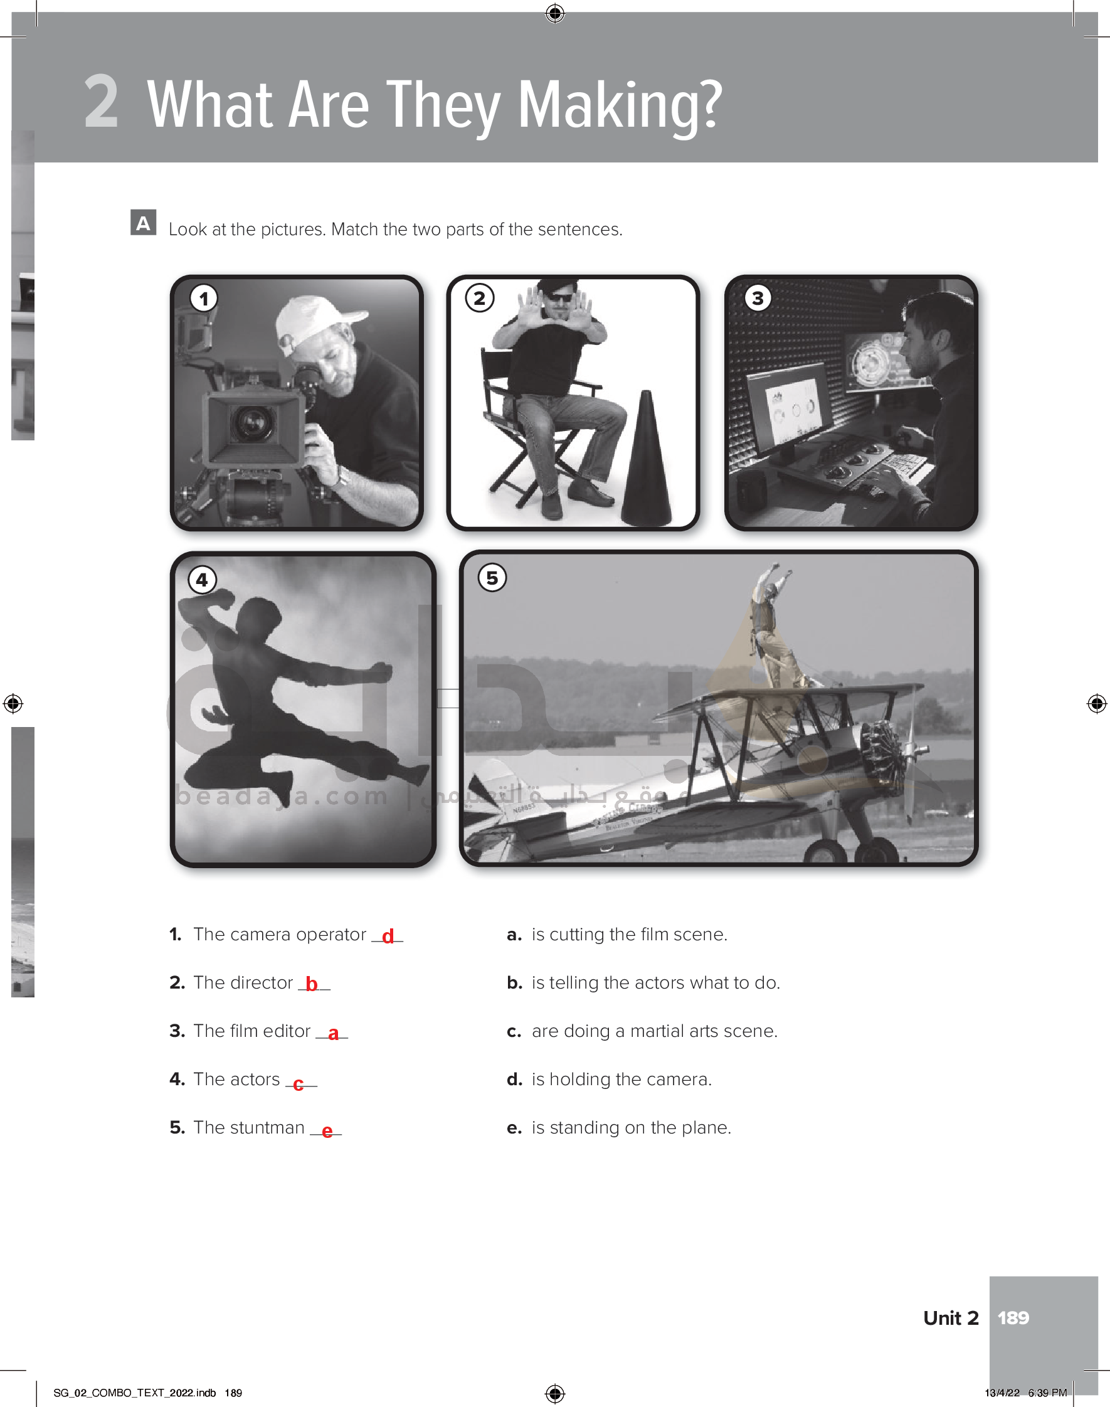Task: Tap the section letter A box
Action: pos(143,222)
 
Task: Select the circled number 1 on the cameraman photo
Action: pos(204,299)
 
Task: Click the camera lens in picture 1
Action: pos(252,423)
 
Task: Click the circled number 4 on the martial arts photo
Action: pos(202,580)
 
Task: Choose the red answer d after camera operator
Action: pos(388,936)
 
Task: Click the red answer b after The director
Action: pos(312,984)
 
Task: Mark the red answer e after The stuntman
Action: pos(327,1132)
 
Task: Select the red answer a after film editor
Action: pos(334,1033)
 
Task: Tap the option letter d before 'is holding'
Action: pos(515,1080)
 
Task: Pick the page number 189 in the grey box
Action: pos(1013,1318)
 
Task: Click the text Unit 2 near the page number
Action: pos(951,1318)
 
